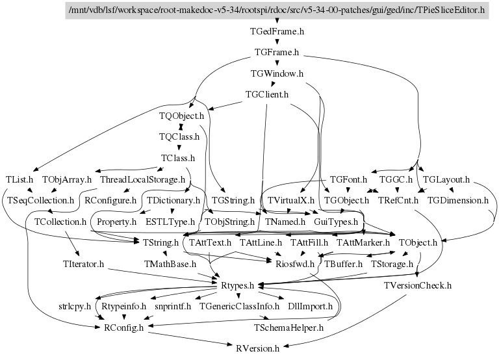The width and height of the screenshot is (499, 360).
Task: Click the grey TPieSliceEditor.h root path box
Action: tap(277, 10)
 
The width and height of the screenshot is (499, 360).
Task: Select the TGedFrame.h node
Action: tap(277, 31)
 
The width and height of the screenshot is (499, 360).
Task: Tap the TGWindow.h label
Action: tap(277, 73)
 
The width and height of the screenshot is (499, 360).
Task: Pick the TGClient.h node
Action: tap(267, 94)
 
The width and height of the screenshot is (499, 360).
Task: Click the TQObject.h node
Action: tap(181, 116)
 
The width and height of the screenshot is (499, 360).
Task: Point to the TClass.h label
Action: tap(178, 158)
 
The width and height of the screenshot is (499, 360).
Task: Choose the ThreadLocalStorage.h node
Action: tap(142, 179)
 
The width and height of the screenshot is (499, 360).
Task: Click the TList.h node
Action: tap(19, 179)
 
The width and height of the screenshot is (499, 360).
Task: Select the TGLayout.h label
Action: tap(446, 179)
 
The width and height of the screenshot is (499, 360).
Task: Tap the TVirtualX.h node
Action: tap(291, 201)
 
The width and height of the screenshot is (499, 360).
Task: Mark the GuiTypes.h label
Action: tap(336, 222)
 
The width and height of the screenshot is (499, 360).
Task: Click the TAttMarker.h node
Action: tap(363, 243)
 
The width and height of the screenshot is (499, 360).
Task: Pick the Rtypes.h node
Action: tap(237, 285)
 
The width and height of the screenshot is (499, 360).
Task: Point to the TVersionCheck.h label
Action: tap(418, 285)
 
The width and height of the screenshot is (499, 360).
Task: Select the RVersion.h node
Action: tap(258, 348)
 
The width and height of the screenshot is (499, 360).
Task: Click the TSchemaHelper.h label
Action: tap(288, 328)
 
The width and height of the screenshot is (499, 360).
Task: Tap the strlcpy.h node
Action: tap(75, 307)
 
